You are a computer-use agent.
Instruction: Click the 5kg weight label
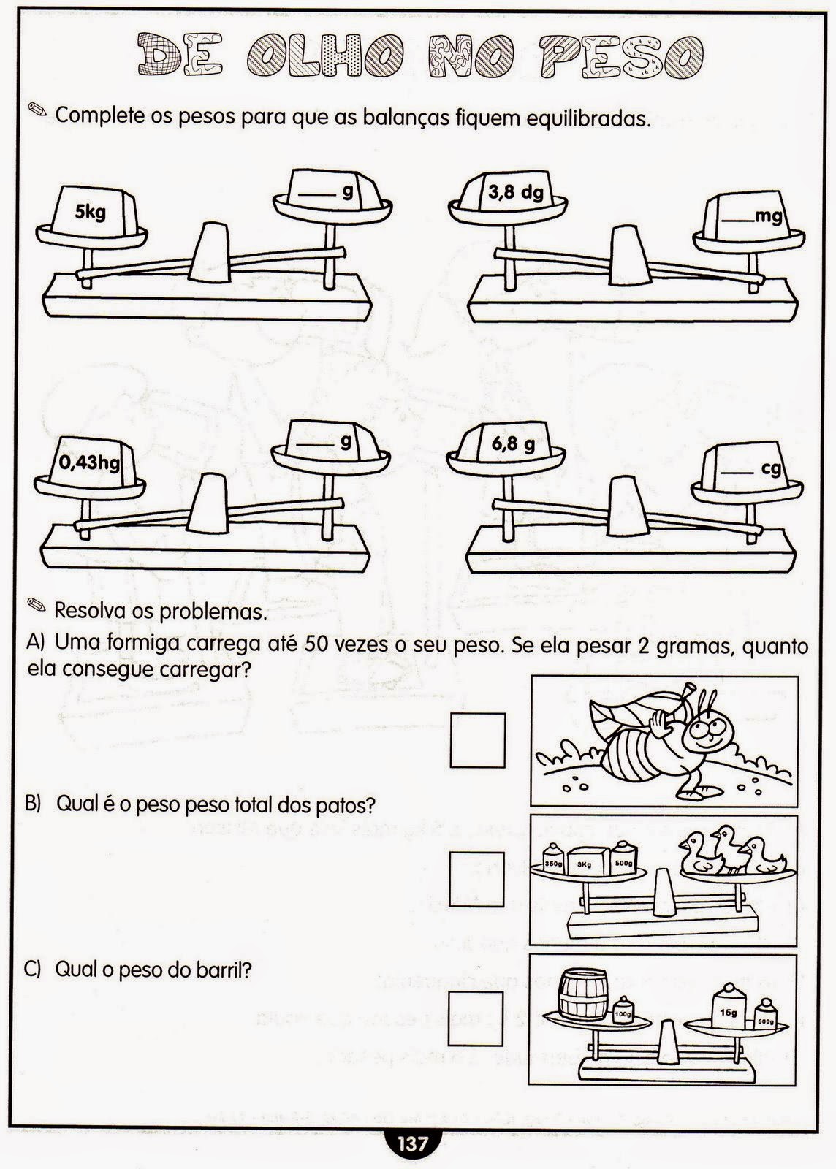[x=91, y=213]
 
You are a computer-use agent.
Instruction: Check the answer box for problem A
[x=478, y=740]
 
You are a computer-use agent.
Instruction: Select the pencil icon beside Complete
[x=36, y=111]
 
